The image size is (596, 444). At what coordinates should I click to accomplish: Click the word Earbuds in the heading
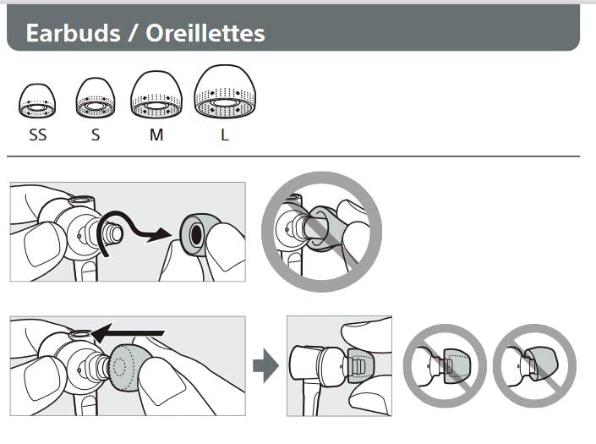click(x=73, y=33)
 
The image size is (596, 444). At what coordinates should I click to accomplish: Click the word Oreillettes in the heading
click(x=205, y=33)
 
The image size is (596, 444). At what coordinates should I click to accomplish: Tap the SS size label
click(x=38, y=135)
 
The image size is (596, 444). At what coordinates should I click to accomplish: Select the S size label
click(x=96, y=135)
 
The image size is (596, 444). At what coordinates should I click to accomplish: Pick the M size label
click(x=156, y=135)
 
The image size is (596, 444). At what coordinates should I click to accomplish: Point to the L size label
click(x=225, y=135)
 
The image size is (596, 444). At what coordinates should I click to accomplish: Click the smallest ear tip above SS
click(x=37, y=101)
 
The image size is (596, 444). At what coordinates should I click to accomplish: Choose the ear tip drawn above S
click(x=96, y=98)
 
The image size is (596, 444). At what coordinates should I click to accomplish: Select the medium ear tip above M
click(x=156, y=95)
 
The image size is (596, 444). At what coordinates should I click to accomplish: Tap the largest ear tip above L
click(x=225, y=91)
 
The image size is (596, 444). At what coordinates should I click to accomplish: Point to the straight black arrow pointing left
click(x=128, y=333)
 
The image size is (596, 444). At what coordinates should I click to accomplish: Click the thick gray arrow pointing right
click(x=265, y=365)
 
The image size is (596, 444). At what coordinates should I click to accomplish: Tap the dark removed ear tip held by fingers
click(x=194, y=233)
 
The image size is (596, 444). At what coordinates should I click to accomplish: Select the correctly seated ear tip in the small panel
click(x=358, y=365)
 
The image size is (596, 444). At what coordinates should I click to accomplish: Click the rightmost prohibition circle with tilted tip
click(x=535, y=365)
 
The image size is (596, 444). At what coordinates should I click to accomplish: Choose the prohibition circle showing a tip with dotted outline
click(x=445, y=365)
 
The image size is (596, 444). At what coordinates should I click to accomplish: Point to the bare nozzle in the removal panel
click(x=113, y=233)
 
